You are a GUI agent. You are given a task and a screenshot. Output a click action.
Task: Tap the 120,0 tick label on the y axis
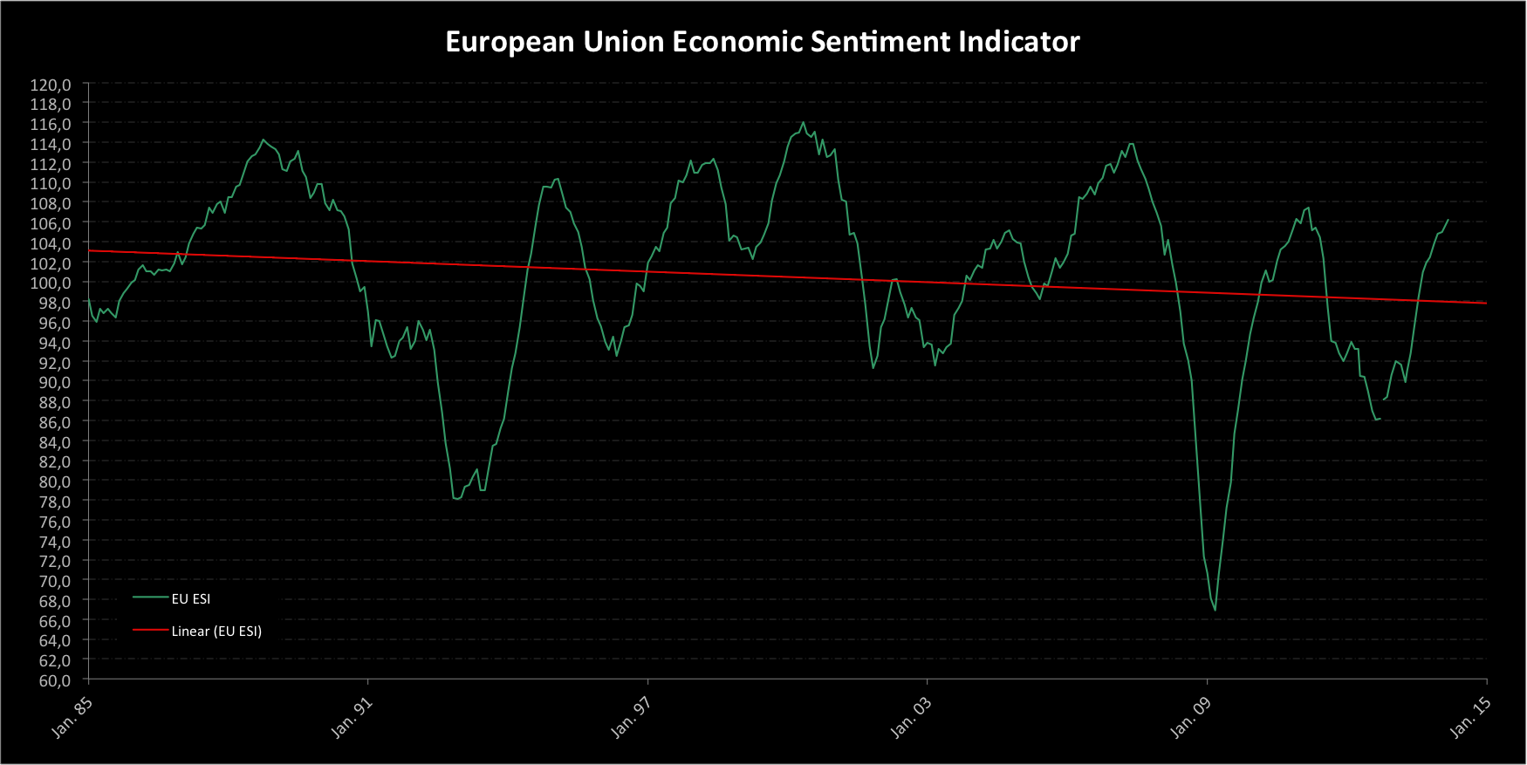coord(51,85)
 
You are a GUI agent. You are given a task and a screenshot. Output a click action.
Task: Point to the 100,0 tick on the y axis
coord(51,283)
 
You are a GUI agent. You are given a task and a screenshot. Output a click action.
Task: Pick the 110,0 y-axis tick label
coord(51,183)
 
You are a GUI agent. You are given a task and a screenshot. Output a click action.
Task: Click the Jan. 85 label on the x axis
coord(72,717)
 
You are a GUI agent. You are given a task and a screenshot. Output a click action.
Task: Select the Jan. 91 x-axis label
coord(352,717)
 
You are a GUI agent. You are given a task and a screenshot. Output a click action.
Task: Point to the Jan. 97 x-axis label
coord(631,717)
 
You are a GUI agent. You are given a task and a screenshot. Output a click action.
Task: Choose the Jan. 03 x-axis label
coord(911,717)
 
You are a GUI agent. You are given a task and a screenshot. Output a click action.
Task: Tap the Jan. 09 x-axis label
coord(1190,717)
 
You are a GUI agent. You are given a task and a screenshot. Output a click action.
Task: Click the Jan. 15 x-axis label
coord(1470,717)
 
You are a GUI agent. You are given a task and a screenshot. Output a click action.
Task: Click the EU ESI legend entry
coord(190,598)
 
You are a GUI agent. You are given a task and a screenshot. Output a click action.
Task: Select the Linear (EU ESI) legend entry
coord(216,631)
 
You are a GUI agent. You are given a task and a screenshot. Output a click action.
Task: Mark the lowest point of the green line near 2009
coord(1215,610)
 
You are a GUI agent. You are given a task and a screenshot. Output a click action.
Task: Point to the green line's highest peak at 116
coord(803,122)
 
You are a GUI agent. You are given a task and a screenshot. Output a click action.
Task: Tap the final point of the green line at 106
coord(1448,220)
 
